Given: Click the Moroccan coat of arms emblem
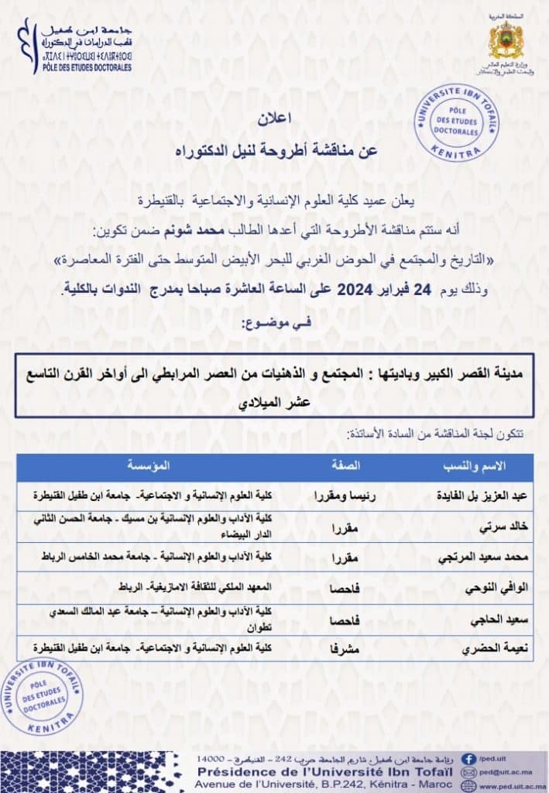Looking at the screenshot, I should (x=507, y=39).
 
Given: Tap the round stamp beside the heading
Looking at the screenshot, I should (x=457, y=122).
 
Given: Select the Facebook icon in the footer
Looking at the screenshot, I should (x=468, y=759).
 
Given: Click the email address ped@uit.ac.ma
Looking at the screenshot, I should (x=505, y=773).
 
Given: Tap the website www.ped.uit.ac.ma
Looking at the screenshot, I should (x=513, y=786).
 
